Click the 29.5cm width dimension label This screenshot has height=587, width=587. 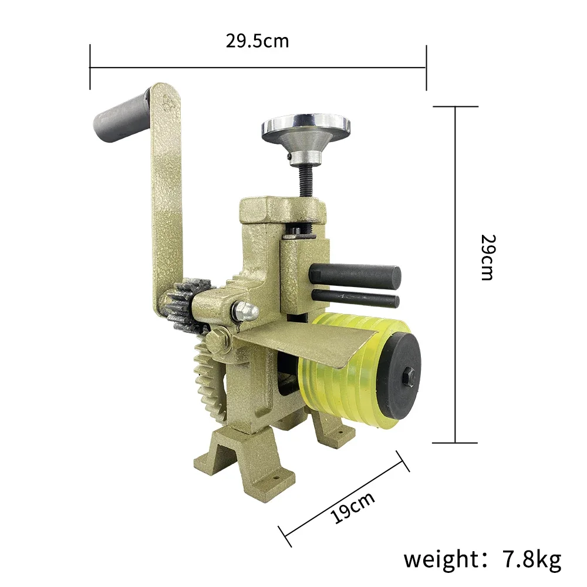(x=257, y=41)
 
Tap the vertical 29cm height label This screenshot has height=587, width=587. (x=488, y=257)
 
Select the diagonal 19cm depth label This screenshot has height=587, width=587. (x=352, y=507)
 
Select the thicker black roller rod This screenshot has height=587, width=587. (x=355, y=276)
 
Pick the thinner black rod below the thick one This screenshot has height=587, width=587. (x=355, y=298)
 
